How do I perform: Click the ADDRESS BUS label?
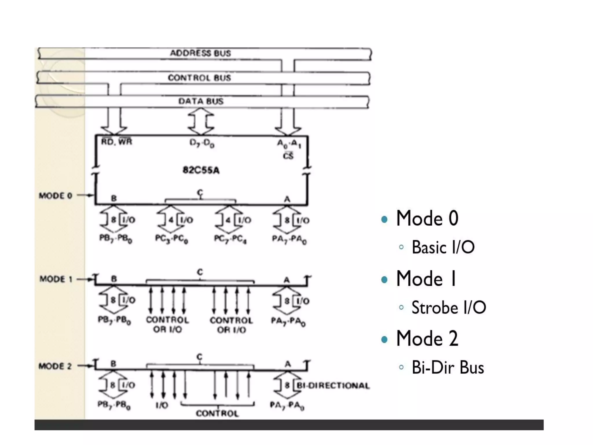(x=200, y=53)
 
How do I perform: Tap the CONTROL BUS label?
(x=200, y=78)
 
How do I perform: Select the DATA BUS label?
(x=201, y=101)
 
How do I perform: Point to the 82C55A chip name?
(x=201, y=170)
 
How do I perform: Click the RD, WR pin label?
(x=117, y=142)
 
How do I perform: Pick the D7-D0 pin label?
(x=202, y=143)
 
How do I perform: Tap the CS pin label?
(x=288, y=156)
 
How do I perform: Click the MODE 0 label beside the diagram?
(x=56, y=196)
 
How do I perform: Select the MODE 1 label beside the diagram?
(x=56, y=279)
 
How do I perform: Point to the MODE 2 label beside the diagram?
(x=55, y=366)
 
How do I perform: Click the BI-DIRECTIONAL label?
(x=333, y=386)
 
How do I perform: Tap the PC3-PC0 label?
(x=172, y=239)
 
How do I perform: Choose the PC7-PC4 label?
(x=230, y=239)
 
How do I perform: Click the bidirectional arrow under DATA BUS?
(x=201, y=122)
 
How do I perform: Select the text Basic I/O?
(x=443, y=247)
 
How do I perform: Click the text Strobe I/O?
(x=449, y=307)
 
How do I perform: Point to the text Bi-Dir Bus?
(x=448, y=367)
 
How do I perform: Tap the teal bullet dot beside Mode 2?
(x=385, y=339)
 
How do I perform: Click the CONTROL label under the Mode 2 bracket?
(x=217, y=413)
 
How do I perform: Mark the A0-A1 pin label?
(x=289, y=144)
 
